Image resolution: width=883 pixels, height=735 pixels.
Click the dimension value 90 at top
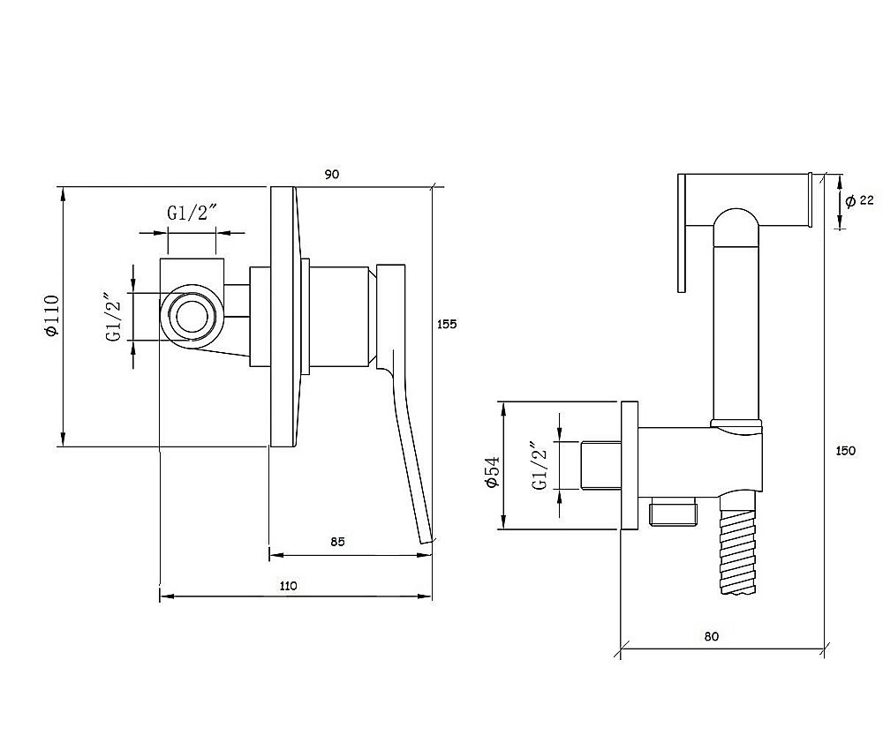pos(332,175)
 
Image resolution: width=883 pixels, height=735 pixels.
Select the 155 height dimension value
pos(447,324)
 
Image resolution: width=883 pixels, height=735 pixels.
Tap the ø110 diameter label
pos(50,316)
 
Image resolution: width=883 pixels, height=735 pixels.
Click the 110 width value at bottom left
pos(289,585)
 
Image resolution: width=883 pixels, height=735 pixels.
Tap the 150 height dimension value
pos(845,451)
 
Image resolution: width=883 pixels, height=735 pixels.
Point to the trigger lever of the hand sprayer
pos(683,232)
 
